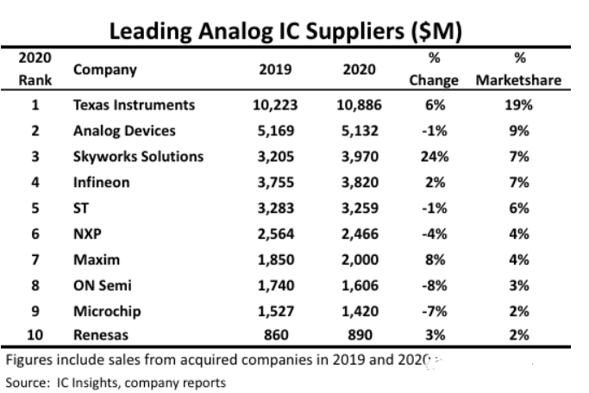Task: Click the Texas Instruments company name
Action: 135,105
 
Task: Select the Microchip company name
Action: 107,311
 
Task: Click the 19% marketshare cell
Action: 519,105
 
